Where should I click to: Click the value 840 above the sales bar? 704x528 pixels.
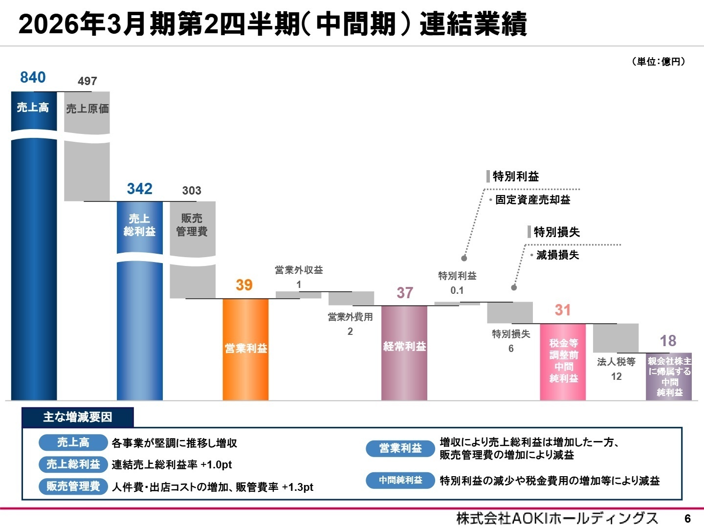[33, 77]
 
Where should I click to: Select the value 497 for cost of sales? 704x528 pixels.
[87, 81]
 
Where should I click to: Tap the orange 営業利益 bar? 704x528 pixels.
[245, 349]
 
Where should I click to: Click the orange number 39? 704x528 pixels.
[244, 285]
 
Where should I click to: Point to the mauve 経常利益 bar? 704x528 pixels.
[404, 352]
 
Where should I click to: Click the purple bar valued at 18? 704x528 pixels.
[669, 376]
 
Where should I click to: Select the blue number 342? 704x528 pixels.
[139, 189]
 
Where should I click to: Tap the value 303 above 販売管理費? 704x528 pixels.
[192, 191]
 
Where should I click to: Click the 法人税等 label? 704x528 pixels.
[616, 362]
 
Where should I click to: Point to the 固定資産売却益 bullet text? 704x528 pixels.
[532, 199]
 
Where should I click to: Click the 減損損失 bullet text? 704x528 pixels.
[557, 255]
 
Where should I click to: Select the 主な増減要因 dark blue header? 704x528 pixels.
[78, 417]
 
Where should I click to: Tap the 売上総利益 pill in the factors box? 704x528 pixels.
[73, 464]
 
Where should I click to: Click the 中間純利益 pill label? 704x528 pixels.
[400, 481]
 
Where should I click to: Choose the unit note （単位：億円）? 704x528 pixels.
[659, 62]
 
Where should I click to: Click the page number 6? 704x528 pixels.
[687, 518]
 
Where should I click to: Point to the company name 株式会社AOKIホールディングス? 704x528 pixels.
[557, 518]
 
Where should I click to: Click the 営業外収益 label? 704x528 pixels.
[299, 270]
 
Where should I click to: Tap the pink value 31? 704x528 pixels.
[563, 310]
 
